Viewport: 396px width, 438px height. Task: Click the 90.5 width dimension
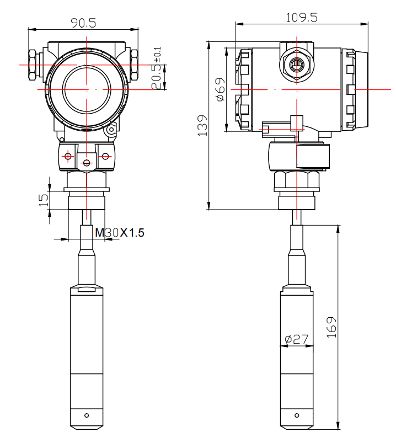coord(83,23)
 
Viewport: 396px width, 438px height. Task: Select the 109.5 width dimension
coord(301,17)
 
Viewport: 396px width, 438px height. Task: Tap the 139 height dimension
coord(203,126)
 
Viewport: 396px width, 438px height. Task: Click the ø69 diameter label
coord(220,89)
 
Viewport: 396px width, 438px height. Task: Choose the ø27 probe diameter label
coord(297,340)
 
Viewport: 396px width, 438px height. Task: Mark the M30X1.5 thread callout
coord(120,233)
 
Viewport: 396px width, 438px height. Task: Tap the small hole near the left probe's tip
coord(86,415)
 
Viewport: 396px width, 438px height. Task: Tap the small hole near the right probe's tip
coord(297,415)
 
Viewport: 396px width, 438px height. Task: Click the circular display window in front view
coord(87,89)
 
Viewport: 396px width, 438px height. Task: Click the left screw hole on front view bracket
coord(67,157)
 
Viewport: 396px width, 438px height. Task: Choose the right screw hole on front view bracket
coord(106,157)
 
